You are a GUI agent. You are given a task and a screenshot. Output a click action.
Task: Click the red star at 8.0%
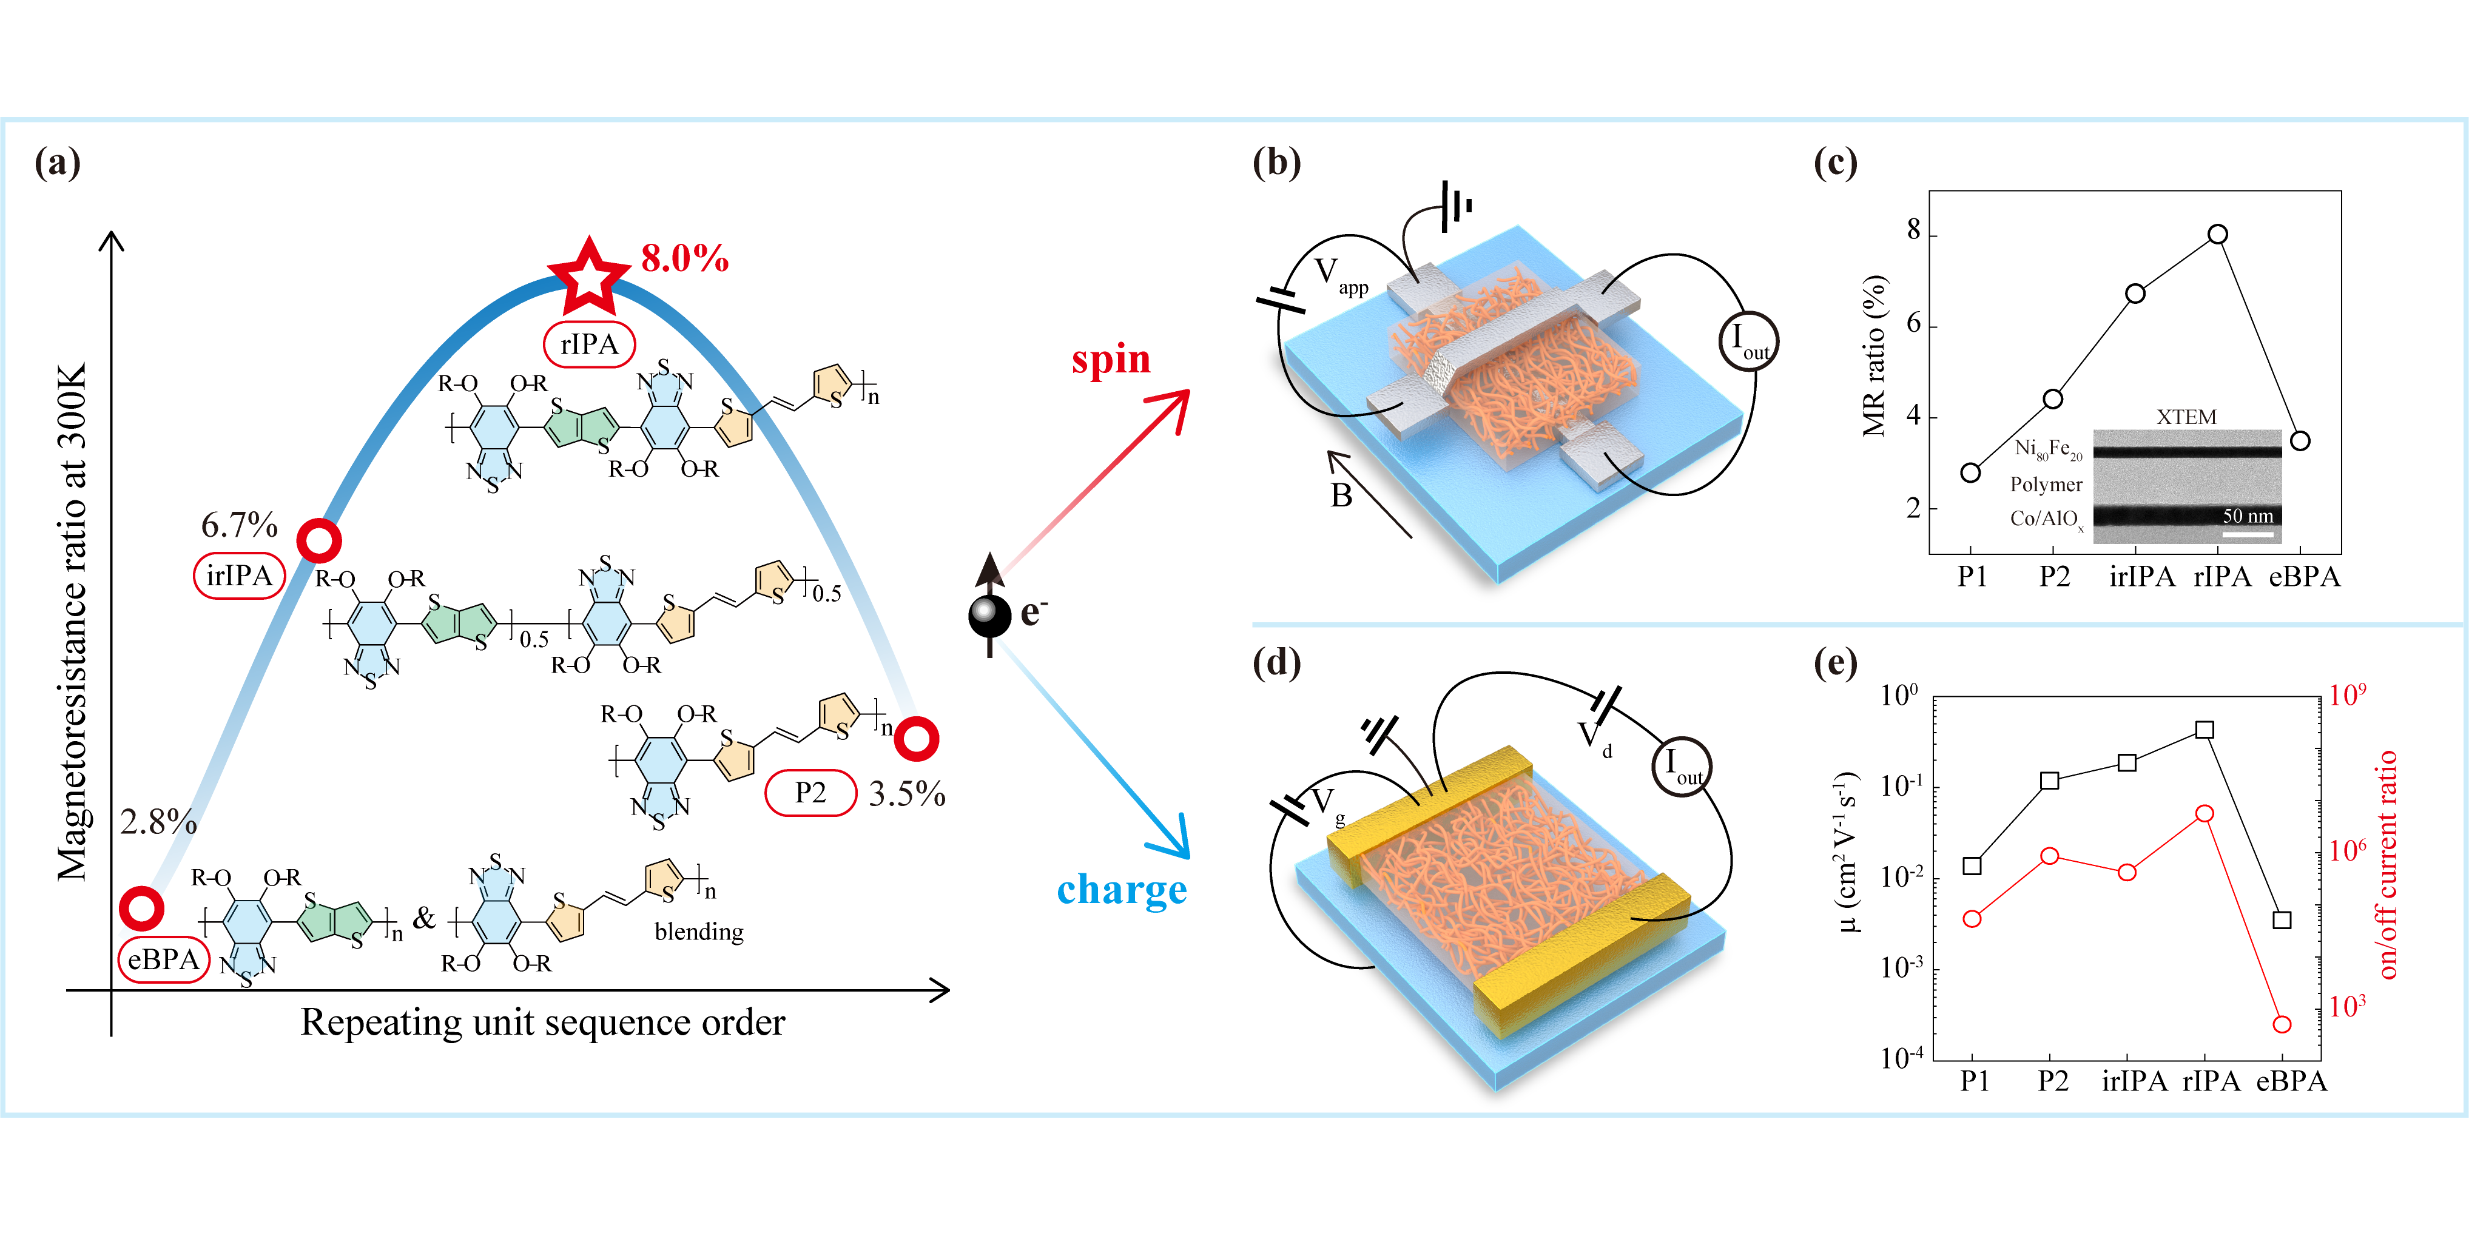pyautogui.click(x=588, y=278)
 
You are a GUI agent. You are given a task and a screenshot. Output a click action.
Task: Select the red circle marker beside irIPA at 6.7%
pyautogui.click(x=318, y=542)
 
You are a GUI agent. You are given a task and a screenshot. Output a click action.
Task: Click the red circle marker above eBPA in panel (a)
pyautogui.click(x=142, y=907)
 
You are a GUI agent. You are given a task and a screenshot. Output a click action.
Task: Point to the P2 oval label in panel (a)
pyautogui.click(x=810, y=793)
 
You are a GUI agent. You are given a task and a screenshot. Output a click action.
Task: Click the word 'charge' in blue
pyautogui.click(x=1122, y=889)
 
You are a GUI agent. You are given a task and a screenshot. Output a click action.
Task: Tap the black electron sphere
pyautogui.click(x=990, y=615)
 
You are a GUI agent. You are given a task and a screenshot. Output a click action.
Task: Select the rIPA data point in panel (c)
pyautogui.click(x=2218, y=233)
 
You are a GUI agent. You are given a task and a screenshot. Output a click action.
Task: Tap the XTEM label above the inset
pyautogui.click(x=2186, y=417)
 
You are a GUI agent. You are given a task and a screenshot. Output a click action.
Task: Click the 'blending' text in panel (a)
pyautogui.click(x=699, y=932)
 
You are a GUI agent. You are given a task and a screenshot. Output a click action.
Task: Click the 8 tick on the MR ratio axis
pyautogui.click(x=1914, y=231)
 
